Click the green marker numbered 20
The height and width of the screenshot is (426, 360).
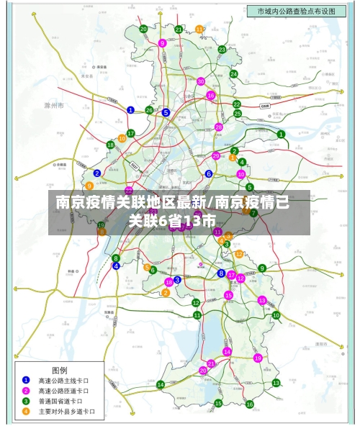click(x=143, y=30)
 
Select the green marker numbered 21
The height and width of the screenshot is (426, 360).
click(x=179, y=30)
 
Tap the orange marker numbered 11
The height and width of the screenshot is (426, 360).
click(x=199, y=30)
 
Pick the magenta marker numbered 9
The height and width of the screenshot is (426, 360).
click(x=163, y=43)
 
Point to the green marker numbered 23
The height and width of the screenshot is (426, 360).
click(x=222, y=50)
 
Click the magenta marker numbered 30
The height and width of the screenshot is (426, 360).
click(x=201, y=81)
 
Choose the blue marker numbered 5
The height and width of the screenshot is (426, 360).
click(x=166, y=112)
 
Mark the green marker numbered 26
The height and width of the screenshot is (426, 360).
click(x=149, y=110)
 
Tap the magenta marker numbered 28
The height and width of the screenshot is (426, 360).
click(x=219, y=127)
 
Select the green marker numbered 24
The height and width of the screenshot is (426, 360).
click(x=233, y=73)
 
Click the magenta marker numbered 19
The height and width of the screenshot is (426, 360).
click(x=258, y=358)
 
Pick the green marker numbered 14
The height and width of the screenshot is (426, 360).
click(x=161, y=385)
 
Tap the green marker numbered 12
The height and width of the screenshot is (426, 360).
click(x=196, y=303)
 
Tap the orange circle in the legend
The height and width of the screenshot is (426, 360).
click(x=26, y=412)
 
